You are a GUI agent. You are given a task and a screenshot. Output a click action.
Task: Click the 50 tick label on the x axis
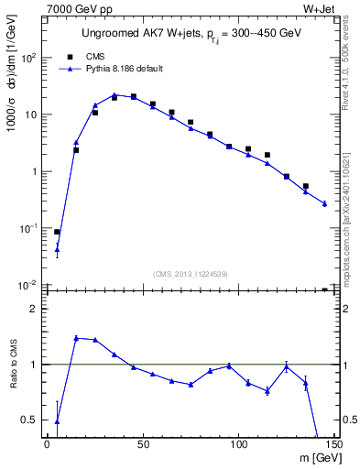pyautogui.click(x=143, y=445)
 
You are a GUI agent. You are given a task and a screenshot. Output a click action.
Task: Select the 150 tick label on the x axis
pyautogui.click(x=334, y=445)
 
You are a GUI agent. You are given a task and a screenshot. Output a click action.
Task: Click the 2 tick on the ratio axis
pyautogui.click(x=34, y=309)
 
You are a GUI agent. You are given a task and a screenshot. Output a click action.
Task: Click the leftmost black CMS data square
pyautogui.click(x=57, y=232)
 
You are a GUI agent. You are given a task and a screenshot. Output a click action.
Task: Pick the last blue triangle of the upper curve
pyautogui.click(x=324, y=203)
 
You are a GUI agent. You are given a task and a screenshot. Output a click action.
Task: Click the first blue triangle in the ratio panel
pyautogui.click(x=57, y=422)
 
